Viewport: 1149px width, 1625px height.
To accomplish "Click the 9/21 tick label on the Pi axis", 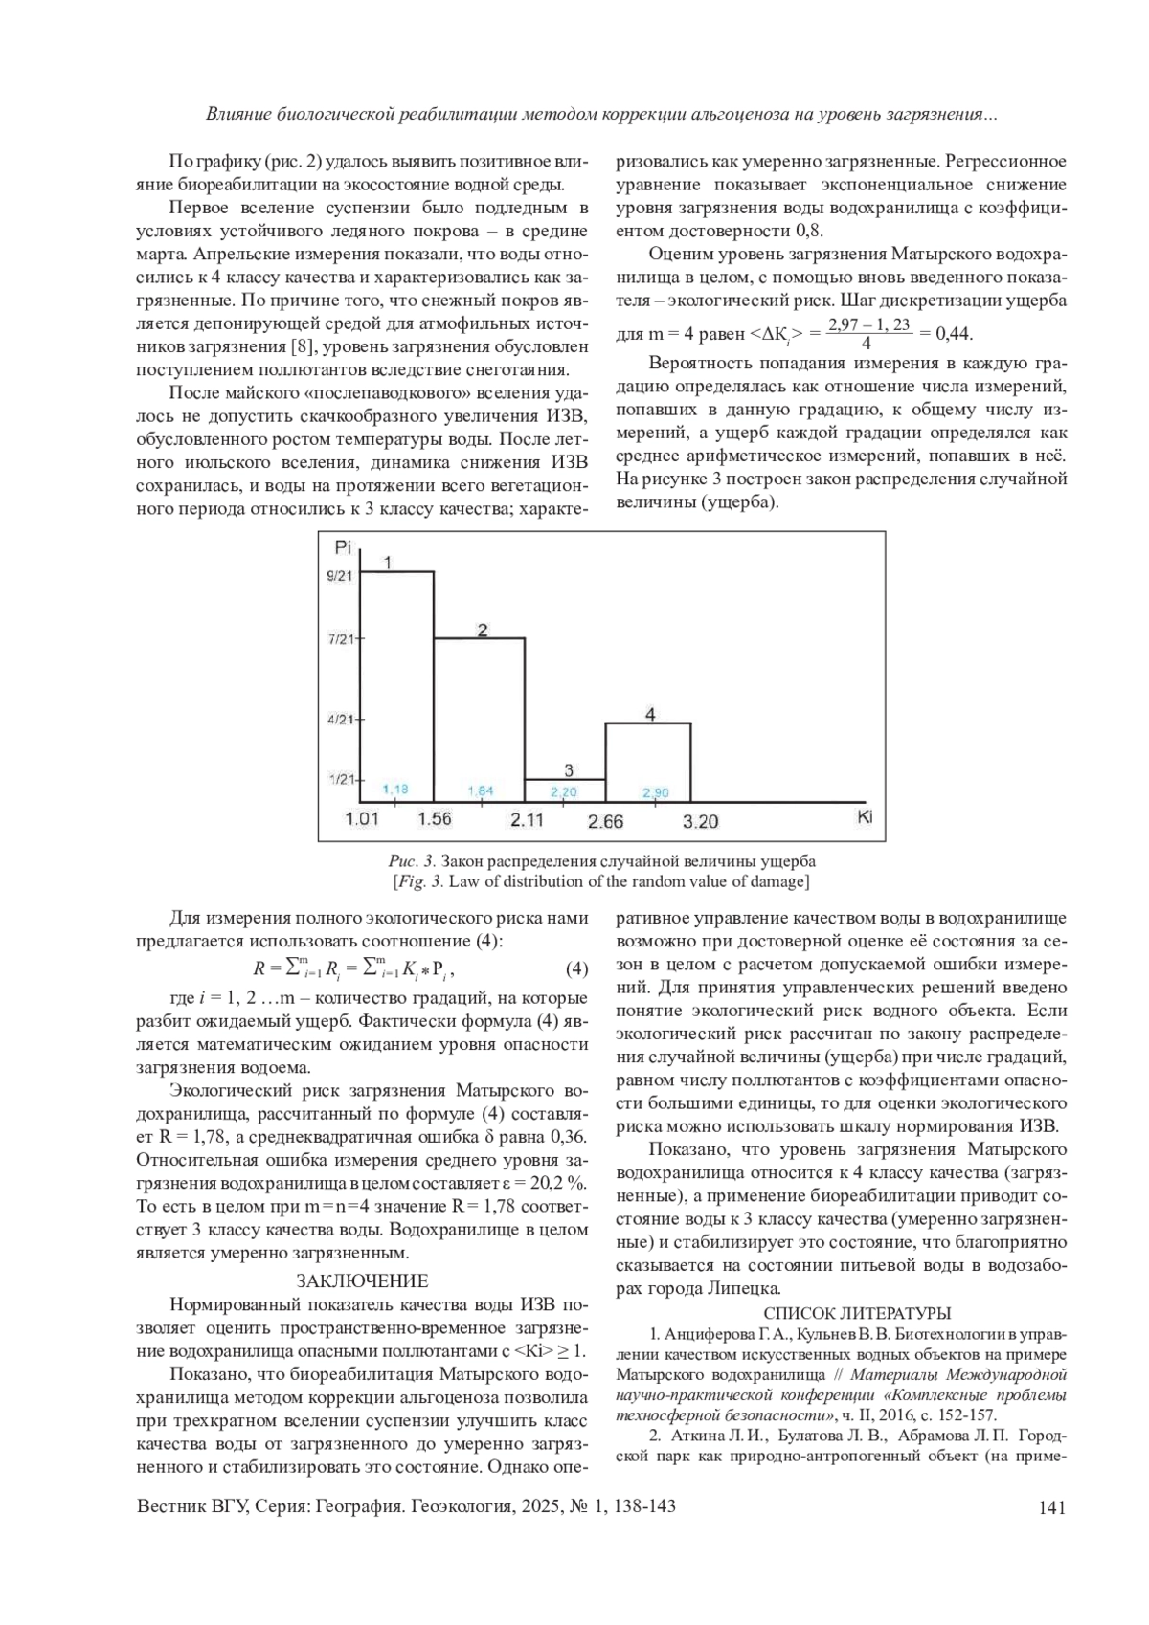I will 339,576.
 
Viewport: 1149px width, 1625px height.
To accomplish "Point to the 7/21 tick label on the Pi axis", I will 340,638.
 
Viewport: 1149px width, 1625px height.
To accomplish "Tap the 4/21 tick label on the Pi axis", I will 340,719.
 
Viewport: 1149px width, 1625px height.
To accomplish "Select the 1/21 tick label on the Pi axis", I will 340,780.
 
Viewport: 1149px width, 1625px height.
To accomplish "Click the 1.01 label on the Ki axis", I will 362,819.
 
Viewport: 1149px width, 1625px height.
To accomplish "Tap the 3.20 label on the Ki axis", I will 700,821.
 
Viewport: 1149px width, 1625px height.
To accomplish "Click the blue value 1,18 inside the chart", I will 394,790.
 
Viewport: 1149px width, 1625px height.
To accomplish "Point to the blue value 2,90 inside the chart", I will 656,792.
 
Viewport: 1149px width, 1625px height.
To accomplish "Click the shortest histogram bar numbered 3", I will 565,790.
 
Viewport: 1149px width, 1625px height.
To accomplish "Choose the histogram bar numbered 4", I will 648,762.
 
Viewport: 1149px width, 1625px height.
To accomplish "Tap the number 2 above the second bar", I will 483,629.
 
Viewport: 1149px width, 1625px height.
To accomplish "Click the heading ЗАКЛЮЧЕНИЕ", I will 361,1280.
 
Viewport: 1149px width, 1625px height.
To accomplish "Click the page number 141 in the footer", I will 1051,1507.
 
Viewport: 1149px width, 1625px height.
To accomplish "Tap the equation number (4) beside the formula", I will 576,969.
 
